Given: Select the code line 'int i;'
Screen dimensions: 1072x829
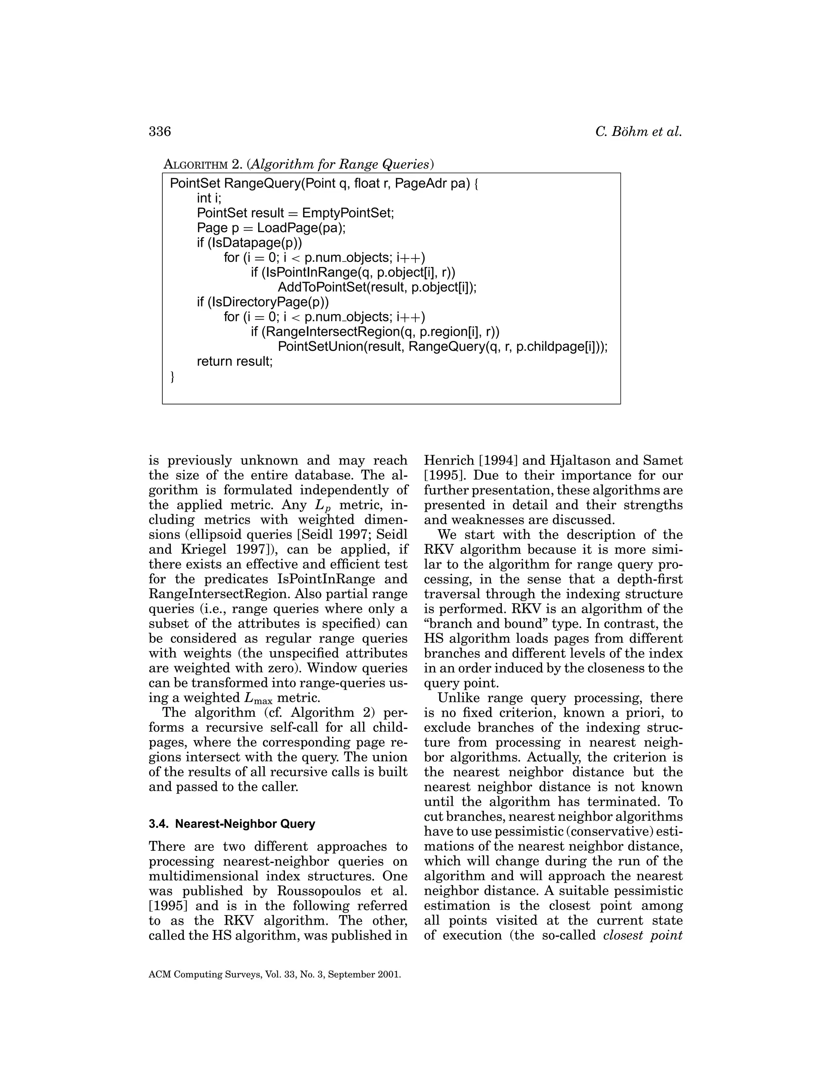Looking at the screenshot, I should point(209,198).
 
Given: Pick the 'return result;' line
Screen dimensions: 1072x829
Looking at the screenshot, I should point(234,361).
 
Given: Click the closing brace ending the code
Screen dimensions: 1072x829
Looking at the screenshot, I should point(172,377).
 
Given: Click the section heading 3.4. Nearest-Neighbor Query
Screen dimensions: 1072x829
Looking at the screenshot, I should point(232,824).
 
